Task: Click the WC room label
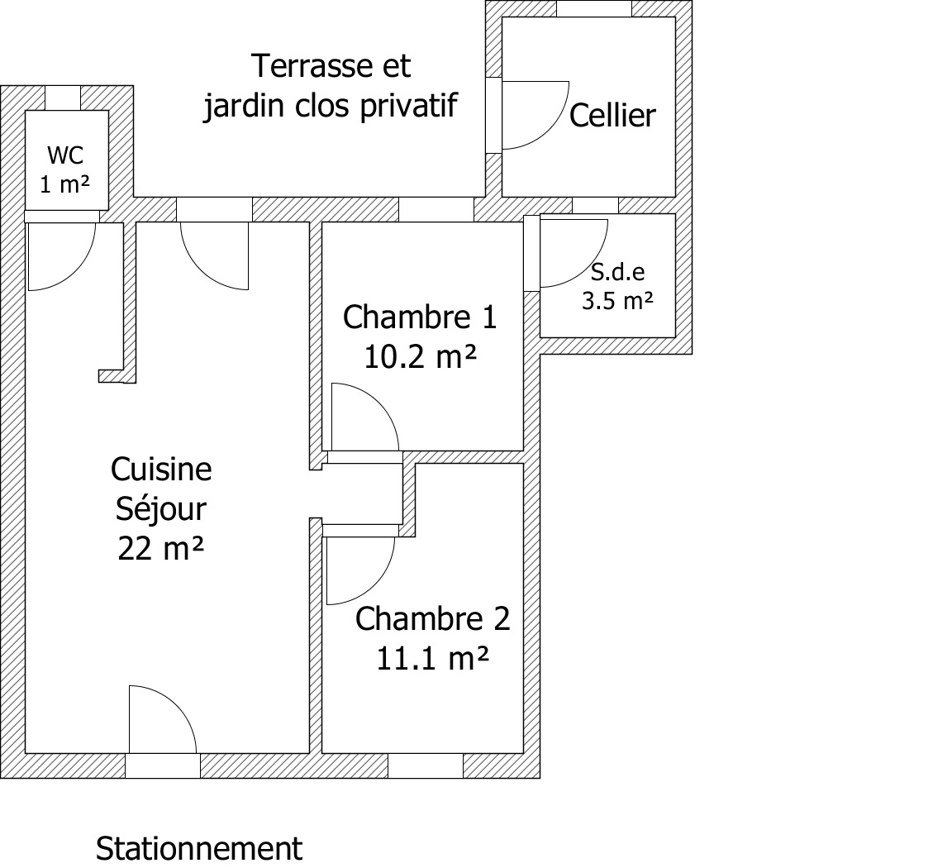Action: coord(65,156)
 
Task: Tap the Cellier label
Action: coord(612,116)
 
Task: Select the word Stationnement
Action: coord(199,848)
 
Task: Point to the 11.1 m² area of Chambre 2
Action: coord(432,658)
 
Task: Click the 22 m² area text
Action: coord(161,549)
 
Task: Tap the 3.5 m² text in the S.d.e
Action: coord(617,301)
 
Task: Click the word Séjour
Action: coord(161,509)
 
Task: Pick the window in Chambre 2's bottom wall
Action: coord(426,765)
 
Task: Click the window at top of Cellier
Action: coord(594,8)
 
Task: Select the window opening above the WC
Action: coord(63,98)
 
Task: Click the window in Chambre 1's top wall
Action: coord(436,209)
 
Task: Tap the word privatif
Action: coord(408,106)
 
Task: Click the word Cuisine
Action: coord(161,470)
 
